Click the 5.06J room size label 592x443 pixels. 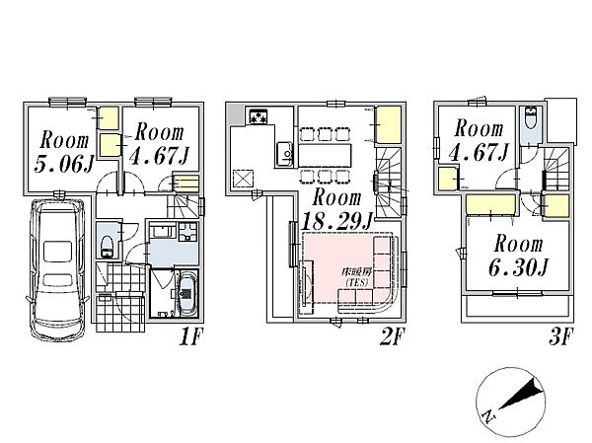63,165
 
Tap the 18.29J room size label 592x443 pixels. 336,221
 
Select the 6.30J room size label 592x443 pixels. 518,267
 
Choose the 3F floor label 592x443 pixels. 561,336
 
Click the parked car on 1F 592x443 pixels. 57,269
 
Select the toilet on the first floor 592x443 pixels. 107,246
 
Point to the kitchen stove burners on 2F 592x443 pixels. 258,116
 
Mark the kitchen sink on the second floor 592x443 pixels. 284,154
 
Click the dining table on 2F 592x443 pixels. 325,155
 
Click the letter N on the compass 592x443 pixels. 489,416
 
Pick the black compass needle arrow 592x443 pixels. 522,395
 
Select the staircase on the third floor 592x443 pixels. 556,168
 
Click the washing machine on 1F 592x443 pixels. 188,232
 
